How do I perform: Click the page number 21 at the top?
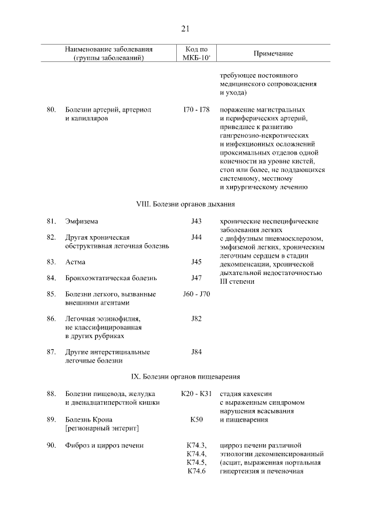185,28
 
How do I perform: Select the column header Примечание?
273,53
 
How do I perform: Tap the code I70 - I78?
196,109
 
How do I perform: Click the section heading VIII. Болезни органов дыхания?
185,204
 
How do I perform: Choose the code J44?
196,237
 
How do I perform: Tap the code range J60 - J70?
196,294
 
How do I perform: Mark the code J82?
196,318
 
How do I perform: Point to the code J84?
196,351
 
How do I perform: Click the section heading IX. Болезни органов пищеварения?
185,376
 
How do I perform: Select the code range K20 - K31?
196,394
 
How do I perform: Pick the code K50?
196,419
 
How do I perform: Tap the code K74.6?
197,471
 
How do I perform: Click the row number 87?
51,351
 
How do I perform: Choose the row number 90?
51,445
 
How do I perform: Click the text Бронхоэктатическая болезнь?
111,278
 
